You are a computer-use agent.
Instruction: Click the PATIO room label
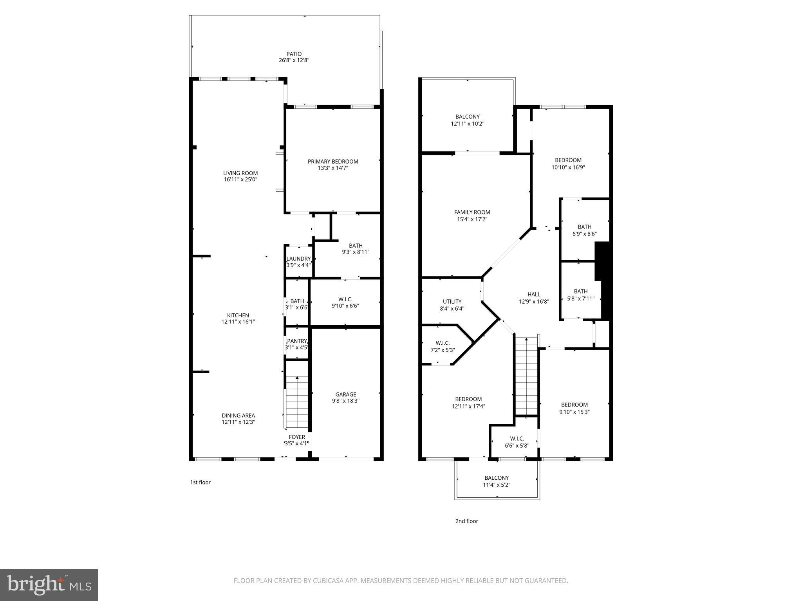pyautogui.click(x=294, y=54)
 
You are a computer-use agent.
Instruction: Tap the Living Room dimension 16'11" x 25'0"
pyautogui.click(x=240, y=180)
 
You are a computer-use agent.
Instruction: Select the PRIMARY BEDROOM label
pyautogui.click(x=333, y=162)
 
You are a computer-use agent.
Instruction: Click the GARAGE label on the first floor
pyautogui.click(x=345, y=394)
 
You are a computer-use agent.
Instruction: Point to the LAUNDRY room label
pyautogui.click(x=298, y=259)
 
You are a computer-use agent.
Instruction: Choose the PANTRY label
pyautogui.click(x=296, y=341)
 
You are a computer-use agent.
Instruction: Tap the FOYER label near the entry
pyautogui.click(x=297, y=437)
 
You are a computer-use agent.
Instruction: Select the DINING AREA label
pyautogui.click(x=238, y=416)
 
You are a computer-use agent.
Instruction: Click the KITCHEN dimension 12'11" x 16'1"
pyautogui.click(x=238, y=322)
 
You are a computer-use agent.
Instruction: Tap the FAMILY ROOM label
pyautogui.click(x=472, y=212)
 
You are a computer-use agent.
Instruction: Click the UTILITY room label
pyautogui.click(x=452, y=301)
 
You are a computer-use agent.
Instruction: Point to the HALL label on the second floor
pyautogui.click(x=534, y=294)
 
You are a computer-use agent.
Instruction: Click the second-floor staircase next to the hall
pyautogui.click(x=526, y=376)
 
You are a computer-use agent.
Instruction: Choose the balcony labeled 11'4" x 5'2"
pyautogui.click(x=497, y=481)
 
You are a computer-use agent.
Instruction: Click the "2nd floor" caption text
pyautogui.click(x=466, y=521)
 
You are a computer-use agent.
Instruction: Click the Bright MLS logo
pyautogui.click(x=49, y=585)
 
